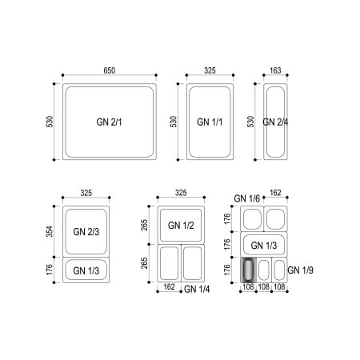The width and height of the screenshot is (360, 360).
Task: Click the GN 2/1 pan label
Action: pos(109,122)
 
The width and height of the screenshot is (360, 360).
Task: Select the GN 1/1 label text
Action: pos(210,122)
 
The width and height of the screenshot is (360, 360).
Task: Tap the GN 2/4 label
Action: pos(275,122)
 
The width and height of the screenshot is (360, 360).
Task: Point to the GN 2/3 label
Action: pos(86,231)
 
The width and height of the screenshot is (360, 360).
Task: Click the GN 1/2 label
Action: pos(181,226)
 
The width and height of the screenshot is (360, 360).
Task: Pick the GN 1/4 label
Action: pos(197,289)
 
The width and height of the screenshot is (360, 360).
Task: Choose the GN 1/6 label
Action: pos(246,198)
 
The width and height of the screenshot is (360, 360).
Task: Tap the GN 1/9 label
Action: pos(300,270)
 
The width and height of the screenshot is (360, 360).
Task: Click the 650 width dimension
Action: pos(110,70)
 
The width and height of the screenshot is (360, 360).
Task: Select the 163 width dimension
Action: pos(275,70)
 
